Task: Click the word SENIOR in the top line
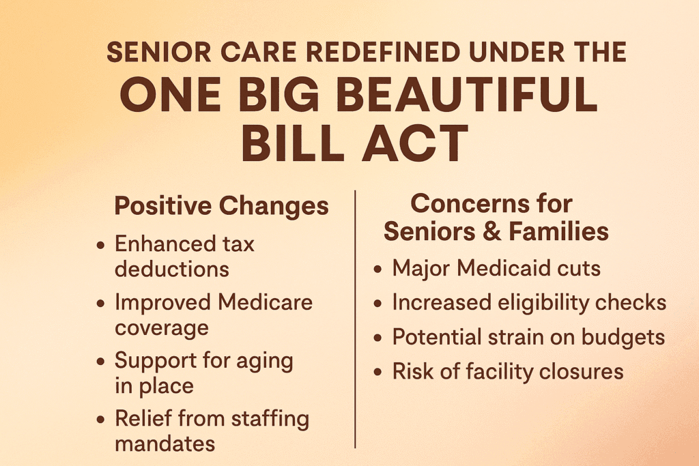coord(158,52)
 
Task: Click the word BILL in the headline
coord(292,143)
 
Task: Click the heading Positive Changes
coord(222,206)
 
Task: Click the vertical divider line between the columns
coord(355,319)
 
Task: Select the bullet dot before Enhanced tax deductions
coord(101,245)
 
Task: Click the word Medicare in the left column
coord(266,302)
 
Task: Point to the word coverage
coord(162,328)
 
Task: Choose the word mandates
coord(165,443)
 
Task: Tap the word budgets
coord(623,337)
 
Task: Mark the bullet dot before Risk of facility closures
coord(378,372)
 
